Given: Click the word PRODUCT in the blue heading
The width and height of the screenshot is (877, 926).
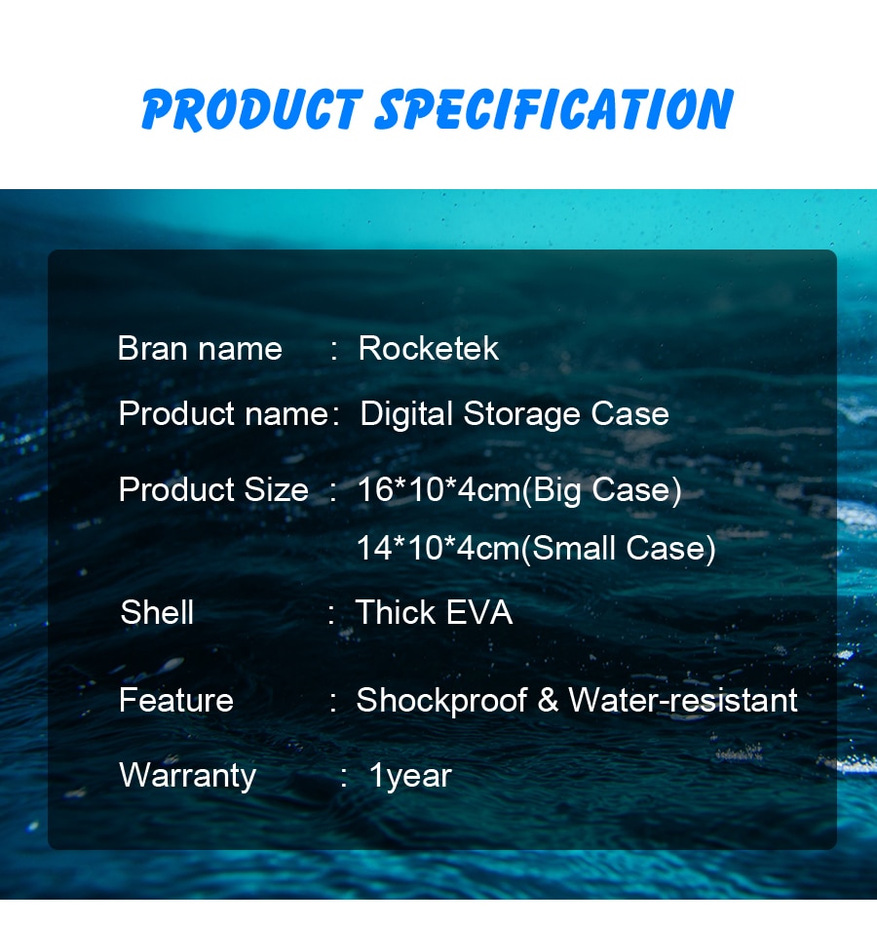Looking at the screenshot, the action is [251, 109].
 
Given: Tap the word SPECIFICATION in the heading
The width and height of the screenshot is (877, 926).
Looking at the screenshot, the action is [553, 109].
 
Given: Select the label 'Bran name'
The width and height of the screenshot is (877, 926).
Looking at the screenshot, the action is [200, 348].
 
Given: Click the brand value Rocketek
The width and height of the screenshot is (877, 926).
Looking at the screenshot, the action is [428, 348].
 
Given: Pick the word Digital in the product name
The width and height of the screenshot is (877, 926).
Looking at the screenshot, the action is [406, 414].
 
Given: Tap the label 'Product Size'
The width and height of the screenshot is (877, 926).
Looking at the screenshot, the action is [213, 489].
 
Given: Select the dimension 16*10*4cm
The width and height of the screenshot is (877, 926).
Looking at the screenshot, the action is [438, 489].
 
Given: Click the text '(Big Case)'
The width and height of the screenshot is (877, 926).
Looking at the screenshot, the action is [601, 490].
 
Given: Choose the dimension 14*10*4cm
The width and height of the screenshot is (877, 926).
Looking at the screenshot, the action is [438, 548].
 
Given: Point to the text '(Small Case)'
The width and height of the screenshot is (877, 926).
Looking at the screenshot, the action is [618, 549].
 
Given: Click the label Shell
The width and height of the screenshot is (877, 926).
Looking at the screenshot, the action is [157, 612].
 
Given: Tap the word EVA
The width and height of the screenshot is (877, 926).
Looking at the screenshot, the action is [479, 612].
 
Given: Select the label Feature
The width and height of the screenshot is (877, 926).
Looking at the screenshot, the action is [176, 700].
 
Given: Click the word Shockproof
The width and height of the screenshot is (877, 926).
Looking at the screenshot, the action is [441, 701].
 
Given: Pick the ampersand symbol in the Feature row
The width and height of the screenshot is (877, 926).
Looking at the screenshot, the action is [548, 700].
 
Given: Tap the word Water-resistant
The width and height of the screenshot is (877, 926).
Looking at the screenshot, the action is [683, 700].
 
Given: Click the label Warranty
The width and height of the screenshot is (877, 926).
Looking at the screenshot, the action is [188, 776].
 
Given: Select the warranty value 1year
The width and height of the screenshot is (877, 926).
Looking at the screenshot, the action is [410, 776].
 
